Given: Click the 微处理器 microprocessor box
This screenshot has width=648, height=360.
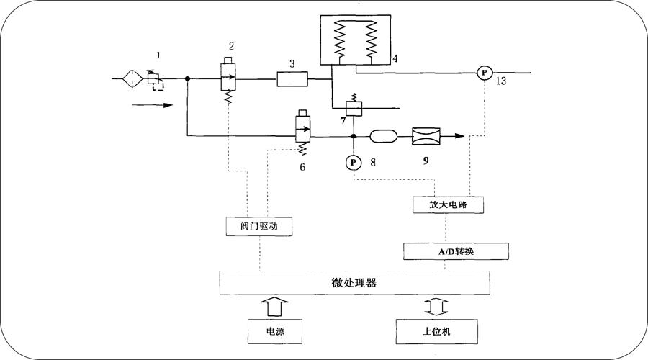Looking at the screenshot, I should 355,283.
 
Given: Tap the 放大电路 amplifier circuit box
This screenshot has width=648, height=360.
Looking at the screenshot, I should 446,205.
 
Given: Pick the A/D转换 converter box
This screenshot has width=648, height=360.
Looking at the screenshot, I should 456,251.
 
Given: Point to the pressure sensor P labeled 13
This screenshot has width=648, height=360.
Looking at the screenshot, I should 485,72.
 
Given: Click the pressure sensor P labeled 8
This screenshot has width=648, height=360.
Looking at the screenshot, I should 354,162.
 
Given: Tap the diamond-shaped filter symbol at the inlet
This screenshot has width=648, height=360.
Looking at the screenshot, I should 132,78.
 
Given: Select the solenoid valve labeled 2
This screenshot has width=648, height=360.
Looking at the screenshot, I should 228,78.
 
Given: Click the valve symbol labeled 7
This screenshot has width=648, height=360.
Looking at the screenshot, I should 353,108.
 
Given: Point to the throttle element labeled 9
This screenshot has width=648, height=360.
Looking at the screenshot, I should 426,135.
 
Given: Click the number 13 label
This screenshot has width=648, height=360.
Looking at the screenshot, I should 500,82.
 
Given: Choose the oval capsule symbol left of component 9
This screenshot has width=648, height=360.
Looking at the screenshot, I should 383,135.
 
